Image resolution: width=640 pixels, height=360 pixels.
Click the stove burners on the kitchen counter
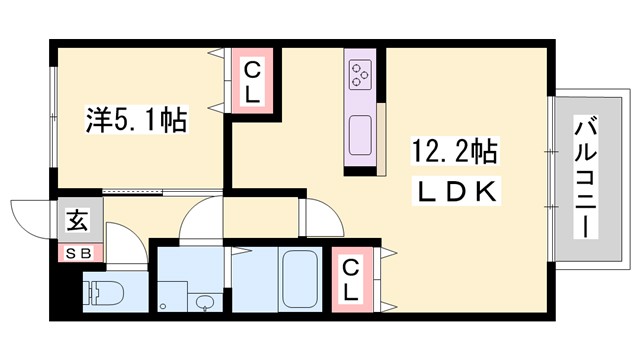(360, 74)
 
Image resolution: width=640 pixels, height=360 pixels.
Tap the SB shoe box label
(78, 253)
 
